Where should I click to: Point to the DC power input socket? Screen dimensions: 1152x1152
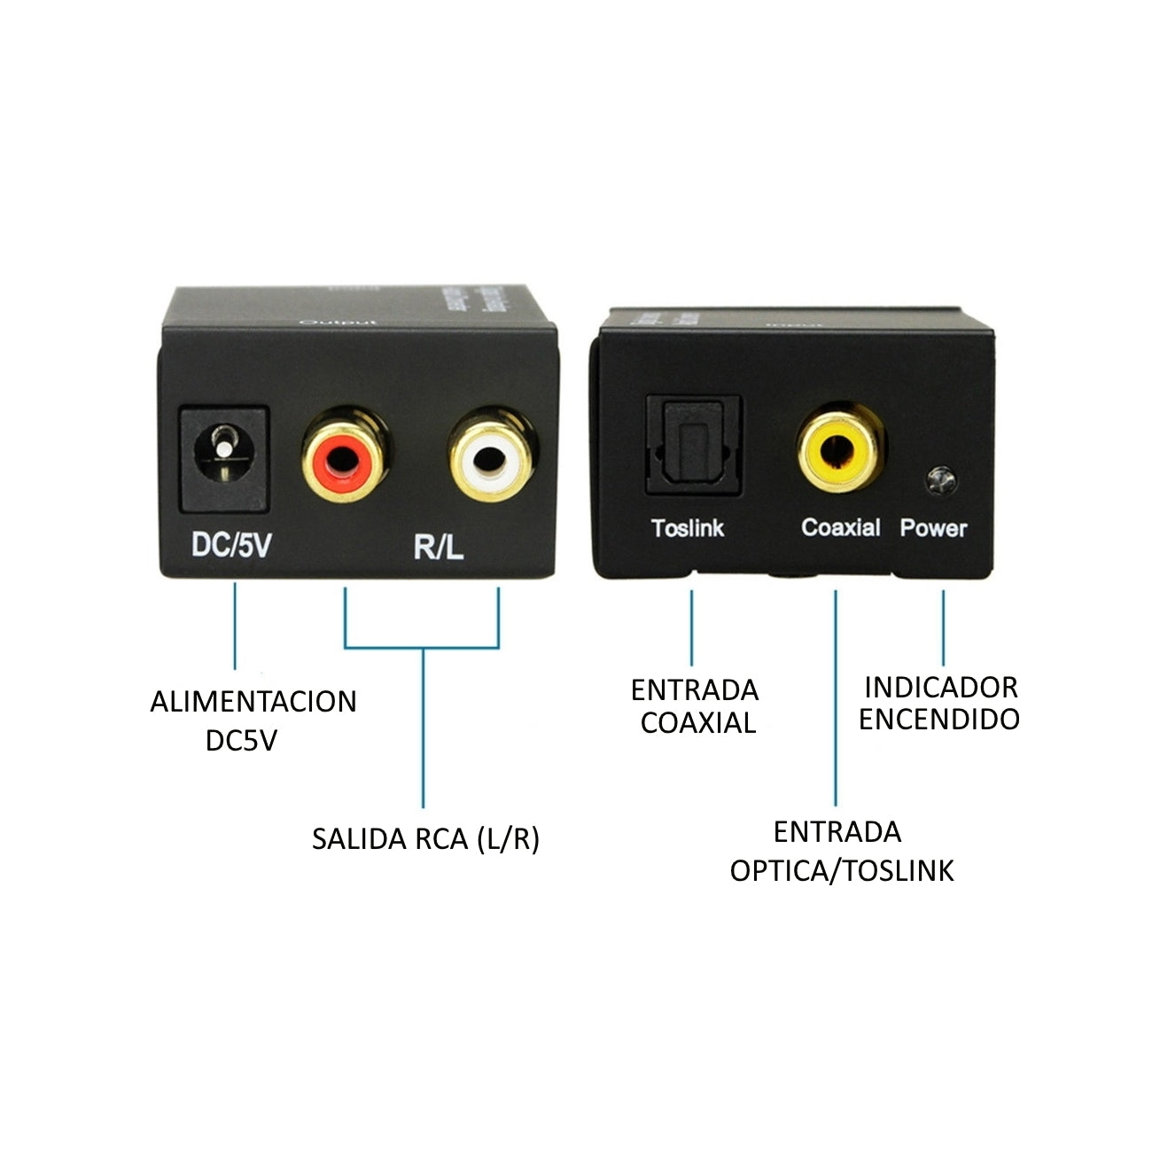tap(223, 458)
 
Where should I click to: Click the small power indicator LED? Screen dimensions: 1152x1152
tap(940, 479)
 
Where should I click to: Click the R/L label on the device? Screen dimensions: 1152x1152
tap(439, 548)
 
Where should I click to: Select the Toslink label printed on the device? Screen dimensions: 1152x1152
tap(688, 528)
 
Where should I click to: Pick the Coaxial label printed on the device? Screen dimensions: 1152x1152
tap(840, 528)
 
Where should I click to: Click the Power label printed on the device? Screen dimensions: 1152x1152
tap(933, 528)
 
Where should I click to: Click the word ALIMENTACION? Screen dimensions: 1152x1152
tap(253, 702)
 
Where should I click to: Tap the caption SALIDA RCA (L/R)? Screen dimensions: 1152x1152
tap(425, 838)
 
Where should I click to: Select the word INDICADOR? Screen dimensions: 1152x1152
tap(941, 687)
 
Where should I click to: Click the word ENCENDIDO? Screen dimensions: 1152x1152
tap(939, 720)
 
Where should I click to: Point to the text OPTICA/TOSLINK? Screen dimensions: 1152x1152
tap(842, 870)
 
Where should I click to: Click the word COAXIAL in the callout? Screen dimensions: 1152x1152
tap(698, 723)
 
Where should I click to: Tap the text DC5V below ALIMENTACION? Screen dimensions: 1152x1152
tap(241, 740)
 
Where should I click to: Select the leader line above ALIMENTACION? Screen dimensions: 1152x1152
tap(235, 625)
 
